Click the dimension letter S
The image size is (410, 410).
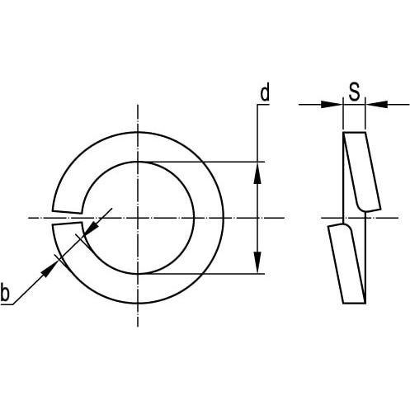354,92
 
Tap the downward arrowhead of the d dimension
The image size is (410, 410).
257,262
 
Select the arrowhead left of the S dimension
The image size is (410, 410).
332,105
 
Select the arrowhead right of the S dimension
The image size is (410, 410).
376,105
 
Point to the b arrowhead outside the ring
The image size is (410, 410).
49,268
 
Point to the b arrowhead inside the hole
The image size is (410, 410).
91,228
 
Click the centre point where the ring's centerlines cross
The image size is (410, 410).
138,218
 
